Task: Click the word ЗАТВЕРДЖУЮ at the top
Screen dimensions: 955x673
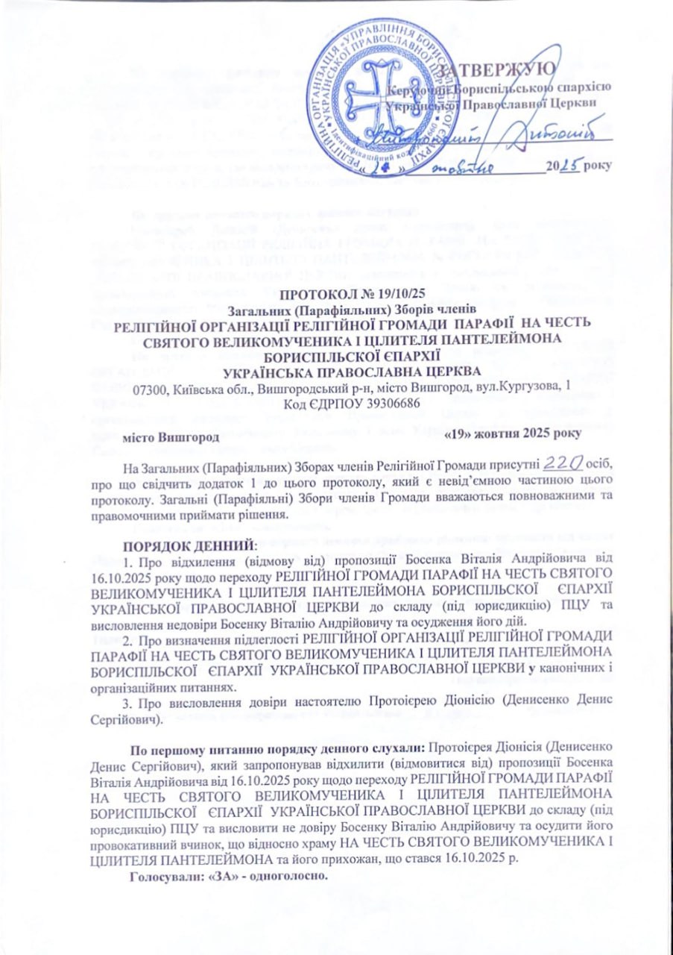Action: tap(498, 69)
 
